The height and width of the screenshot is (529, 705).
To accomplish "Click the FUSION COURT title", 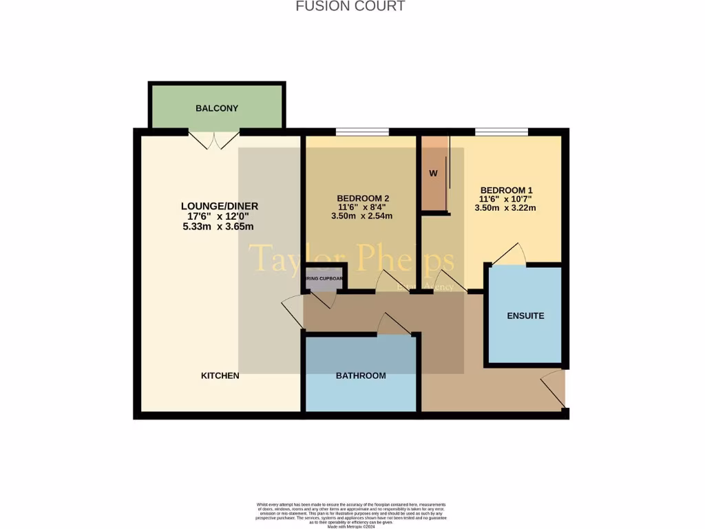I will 350,6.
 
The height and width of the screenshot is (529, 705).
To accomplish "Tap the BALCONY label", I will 217,108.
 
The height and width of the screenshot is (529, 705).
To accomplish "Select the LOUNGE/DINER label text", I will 220,206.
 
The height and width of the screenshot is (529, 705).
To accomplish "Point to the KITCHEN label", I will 220,375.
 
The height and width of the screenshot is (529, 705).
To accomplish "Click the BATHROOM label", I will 361,375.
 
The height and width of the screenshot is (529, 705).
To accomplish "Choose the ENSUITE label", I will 525,315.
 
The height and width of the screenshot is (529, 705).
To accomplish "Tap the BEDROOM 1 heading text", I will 506,190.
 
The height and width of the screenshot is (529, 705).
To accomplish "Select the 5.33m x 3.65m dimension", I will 218,227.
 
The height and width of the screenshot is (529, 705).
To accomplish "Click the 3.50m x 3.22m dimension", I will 507,208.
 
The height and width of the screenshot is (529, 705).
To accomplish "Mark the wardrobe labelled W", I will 434,174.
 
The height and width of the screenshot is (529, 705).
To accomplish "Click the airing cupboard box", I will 325,278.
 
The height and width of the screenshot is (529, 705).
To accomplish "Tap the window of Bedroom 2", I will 362,132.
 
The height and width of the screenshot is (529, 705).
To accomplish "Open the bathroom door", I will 393,325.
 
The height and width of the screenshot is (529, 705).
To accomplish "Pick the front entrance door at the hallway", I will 554,390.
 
